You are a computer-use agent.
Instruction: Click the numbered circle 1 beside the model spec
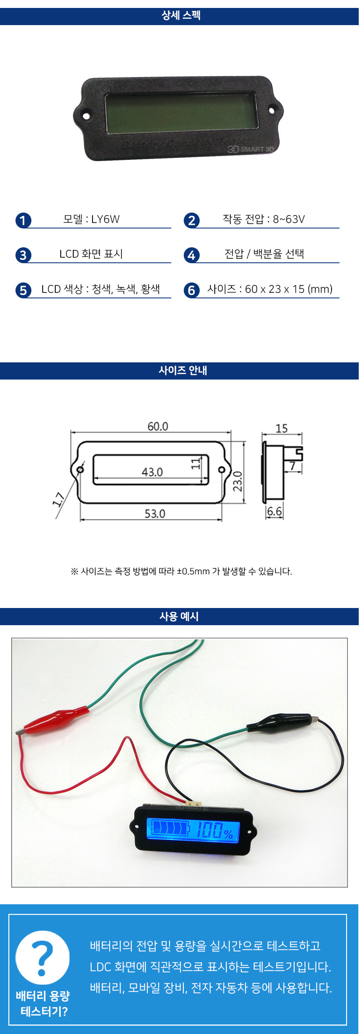tap(23, 221)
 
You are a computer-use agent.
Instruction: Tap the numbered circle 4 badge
tap(191, 255)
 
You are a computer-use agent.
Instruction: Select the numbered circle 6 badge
tap(191, 290)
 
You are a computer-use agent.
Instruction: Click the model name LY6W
tap(105, 219)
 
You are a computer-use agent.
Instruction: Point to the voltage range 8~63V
tap(289, 219)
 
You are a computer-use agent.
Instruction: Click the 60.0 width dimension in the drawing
tap(158, 426)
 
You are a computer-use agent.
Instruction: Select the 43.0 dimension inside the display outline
tap(152, 472)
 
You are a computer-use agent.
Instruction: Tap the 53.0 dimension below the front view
tap(155, 513)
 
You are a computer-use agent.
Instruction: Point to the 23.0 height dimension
tap(238, 481)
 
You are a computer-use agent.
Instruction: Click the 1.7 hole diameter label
tap(59, 499)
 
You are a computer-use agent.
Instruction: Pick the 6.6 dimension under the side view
tap(274, 511)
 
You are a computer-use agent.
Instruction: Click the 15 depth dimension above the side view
tap(282, 428)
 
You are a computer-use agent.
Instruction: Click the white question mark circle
tap(43, 957)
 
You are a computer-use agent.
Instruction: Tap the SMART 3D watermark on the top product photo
tap(251, 149)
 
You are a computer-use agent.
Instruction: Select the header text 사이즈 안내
tap(183, 370)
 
